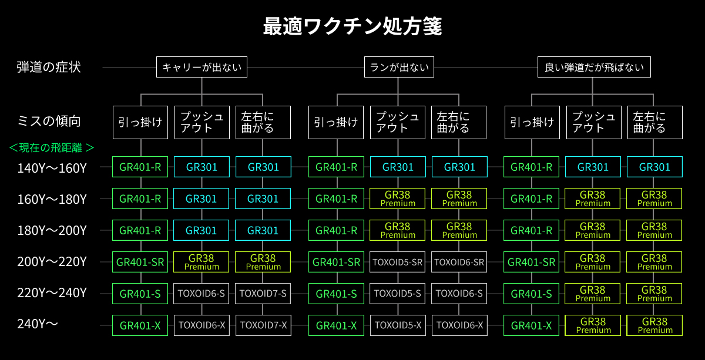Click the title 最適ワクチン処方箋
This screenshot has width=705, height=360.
pyautogui.click(x=352, y=26)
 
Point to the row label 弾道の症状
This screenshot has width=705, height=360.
pyautogui.click(x=49, y=67)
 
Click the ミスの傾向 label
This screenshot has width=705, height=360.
pyautogui.click(x=49, y=121)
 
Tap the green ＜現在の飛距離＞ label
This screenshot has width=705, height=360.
pyautogui.click(x=52, y=147)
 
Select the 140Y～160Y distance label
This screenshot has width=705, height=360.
pyautogui.click(x=52, y=168)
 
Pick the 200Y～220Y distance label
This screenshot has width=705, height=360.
pyautogui.click(x=52, y=262)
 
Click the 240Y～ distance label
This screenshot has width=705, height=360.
pyautogui.click(x=38, y=324)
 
